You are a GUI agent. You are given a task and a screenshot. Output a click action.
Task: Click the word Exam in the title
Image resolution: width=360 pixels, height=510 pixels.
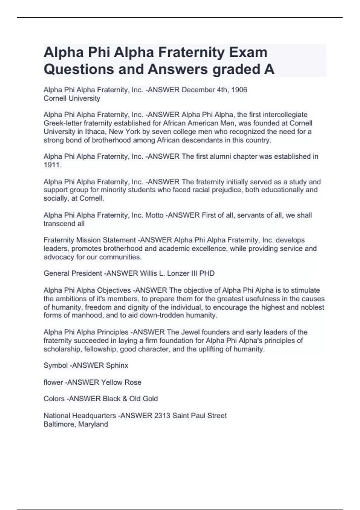(248, 52)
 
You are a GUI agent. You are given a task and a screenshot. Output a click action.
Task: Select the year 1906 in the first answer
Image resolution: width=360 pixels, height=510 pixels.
(239, 90)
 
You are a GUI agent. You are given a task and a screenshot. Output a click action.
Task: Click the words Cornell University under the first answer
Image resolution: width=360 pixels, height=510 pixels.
(72, 98)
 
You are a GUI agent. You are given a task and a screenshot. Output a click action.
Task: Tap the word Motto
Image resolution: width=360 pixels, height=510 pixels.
(154, 215)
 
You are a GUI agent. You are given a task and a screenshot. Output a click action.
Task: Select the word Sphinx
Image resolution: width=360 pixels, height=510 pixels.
(117, 365)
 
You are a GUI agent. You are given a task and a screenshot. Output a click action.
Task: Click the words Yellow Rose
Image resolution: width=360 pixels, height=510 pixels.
(121, 382)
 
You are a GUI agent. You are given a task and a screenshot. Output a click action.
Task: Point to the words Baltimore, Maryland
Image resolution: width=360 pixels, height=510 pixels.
(76, 424)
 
